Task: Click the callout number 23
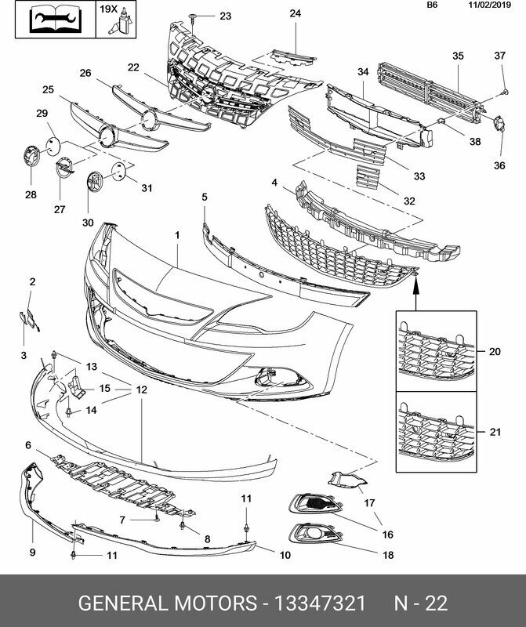tap(226, 16)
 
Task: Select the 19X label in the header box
tap(109, 9)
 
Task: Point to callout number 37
tap(500, 55)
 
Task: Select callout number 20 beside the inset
tap(494, 352)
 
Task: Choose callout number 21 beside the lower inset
tap(494, 432)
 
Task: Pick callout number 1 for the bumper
tap(177, 235)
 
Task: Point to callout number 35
tap(459, 56)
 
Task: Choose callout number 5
tap(205, 198)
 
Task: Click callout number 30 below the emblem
tap(88, 222)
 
